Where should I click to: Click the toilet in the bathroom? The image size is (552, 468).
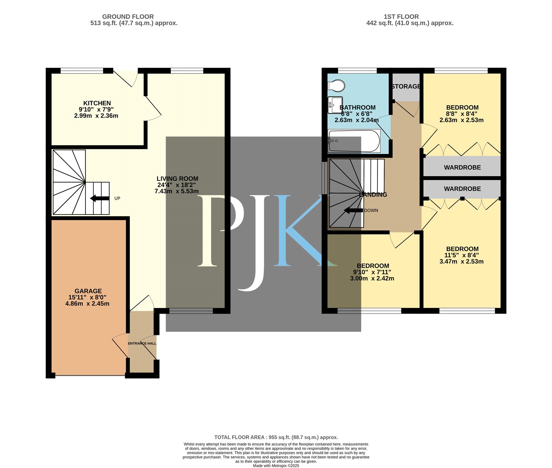click(336, 85)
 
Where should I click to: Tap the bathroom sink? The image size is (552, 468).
click(335, 105)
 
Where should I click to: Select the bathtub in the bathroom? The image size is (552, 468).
click(354, 141)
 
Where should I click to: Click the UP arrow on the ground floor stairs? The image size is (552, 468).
click(100, 198)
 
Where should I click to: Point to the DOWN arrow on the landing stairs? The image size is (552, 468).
click(353, 210)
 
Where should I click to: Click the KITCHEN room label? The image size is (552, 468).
click(97, 103)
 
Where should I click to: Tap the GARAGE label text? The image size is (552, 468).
click(88, 291)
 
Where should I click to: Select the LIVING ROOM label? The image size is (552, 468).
click(177, 179)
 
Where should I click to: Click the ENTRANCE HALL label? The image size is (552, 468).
click(142, 343)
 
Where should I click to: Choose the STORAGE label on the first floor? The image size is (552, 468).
click(406, 87)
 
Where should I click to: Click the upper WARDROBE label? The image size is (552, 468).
click(462, 168)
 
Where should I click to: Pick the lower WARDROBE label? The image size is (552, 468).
click(462, 189)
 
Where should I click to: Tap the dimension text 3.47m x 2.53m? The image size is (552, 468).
click(462, 262)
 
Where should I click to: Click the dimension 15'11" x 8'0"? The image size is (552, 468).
click(87, 297)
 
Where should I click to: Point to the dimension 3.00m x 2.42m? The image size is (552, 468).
click(372, 278)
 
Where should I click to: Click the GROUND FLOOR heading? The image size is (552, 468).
click(128, 17)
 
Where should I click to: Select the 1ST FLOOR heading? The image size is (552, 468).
click(401, 17)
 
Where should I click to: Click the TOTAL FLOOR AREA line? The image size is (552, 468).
click(276, 437)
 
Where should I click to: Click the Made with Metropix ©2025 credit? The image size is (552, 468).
click(276, 466)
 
